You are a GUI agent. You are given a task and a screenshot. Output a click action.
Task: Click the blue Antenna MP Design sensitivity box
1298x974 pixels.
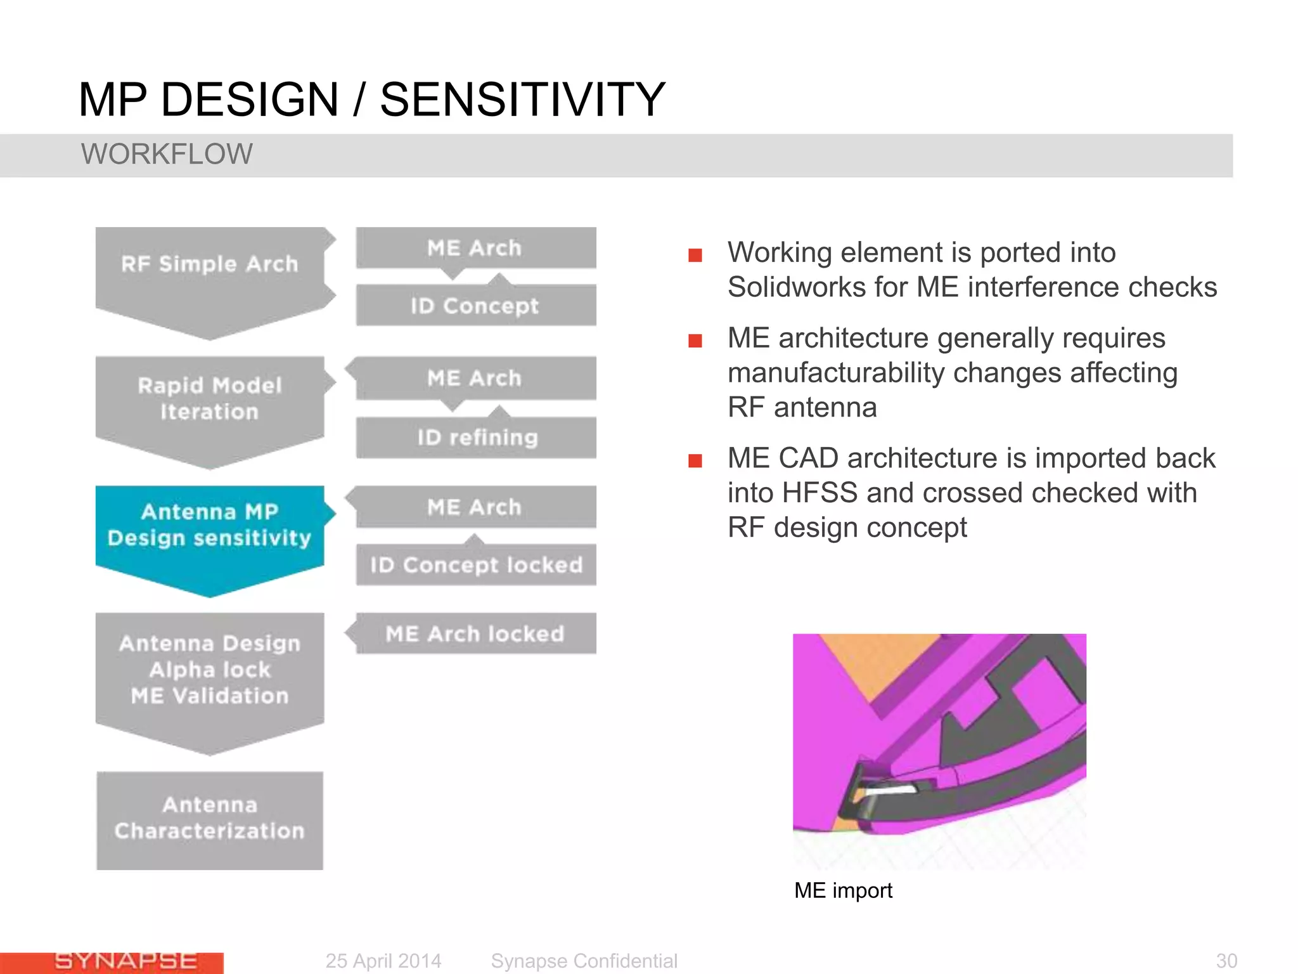click(x=209, y=526)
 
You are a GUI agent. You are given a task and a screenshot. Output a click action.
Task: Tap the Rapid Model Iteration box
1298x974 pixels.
click(x=209, y=399)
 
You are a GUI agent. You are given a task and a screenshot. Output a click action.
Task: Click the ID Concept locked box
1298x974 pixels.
click(x=476, y=564)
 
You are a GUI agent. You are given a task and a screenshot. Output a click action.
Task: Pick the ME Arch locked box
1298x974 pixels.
click(x=476, y=633)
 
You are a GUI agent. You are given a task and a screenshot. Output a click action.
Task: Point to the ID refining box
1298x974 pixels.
click(x=476, y=438)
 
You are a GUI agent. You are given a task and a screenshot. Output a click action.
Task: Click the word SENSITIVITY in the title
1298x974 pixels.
click(x=522, y=100)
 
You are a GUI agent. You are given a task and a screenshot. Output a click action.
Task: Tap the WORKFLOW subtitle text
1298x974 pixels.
click(x=167, y=154)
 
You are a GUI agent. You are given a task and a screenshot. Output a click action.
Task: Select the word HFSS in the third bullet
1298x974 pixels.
click(x=819, y=493)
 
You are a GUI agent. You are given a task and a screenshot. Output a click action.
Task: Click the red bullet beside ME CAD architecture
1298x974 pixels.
click(x=695, y=460)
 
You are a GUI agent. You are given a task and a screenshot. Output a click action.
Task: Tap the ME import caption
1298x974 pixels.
click(x=843, y=890)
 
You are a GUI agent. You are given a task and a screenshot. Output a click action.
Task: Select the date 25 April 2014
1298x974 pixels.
click(x=383, y=961)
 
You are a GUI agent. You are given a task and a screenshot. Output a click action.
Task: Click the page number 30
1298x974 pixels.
click(x=1226, y=961)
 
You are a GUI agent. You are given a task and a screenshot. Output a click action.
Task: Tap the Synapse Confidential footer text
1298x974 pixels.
click(x=584, y=961)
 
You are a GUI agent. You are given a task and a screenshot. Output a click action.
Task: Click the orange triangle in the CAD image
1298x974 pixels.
click(x=878, y=659)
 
